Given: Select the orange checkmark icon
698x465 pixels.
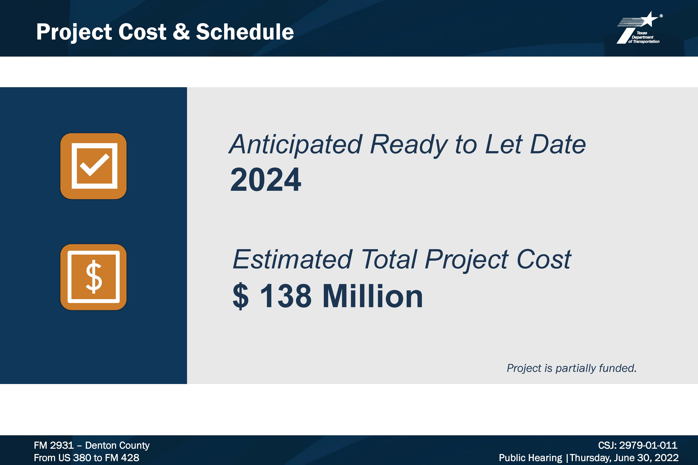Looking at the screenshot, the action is [x=93, y=166].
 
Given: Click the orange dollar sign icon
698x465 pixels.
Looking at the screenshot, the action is [x=93, y=277].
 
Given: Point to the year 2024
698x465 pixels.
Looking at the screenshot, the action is [x=266, y=180].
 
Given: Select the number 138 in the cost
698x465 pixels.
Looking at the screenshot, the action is [x=286, y=296].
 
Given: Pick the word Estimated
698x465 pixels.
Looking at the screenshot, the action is [x=292, y=259].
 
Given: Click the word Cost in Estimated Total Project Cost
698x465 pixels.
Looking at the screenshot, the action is [x=544, y=259].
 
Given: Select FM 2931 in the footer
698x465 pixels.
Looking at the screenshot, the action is [x=54, y=445].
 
